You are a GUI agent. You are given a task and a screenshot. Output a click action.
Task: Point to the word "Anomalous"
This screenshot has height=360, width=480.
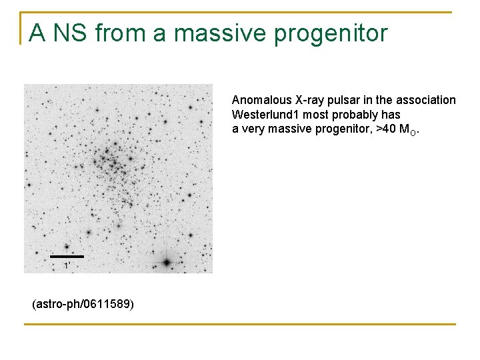tap(261, 100)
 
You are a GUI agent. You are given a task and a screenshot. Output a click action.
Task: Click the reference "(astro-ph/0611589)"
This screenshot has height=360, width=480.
tap(83, 305)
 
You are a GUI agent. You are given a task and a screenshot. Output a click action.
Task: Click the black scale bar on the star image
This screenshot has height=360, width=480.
tap(67, 256)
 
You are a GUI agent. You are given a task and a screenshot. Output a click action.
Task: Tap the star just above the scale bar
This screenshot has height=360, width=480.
tap(66, 246)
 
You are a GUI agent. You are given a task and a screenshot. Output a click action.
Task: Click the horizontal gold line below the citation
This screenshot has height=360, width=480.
tap(240, 325)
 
